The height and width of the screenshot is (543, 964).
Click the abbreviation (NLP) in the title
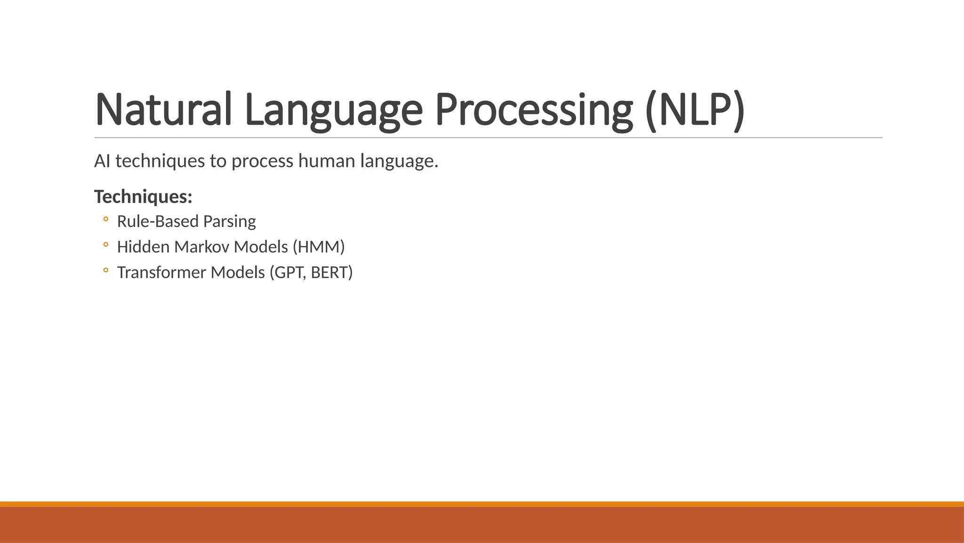pos(695,109)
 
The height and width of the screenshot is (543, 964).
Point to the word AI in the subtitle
pos(102,161)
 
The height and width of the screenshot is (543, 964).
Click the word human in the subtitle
pos(327,161)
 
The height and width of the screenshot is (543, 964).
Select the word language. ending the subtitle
pos(399,161)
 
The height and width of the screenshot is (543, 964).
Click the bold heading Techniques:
pos(143,197)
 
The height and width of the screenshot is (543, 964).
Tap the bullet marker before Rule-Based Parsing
pos(105,219)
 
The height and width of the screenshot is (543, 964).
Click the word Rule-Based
pos(158,221)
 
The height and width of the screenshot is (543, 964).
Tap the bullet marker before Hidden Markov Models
pos(105,245)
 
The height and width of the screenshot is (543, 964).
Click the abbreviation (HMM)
pos(319,247)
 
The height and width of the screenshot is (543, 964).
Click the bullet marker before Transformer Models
pos(105,270)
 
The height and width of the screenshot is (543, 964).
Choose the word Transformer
pos(161,272)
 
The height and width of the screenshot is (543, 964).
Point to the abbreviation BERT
pos(331,272)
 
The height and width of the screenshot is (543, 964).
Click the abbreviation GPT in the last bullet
pos(288,272)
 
